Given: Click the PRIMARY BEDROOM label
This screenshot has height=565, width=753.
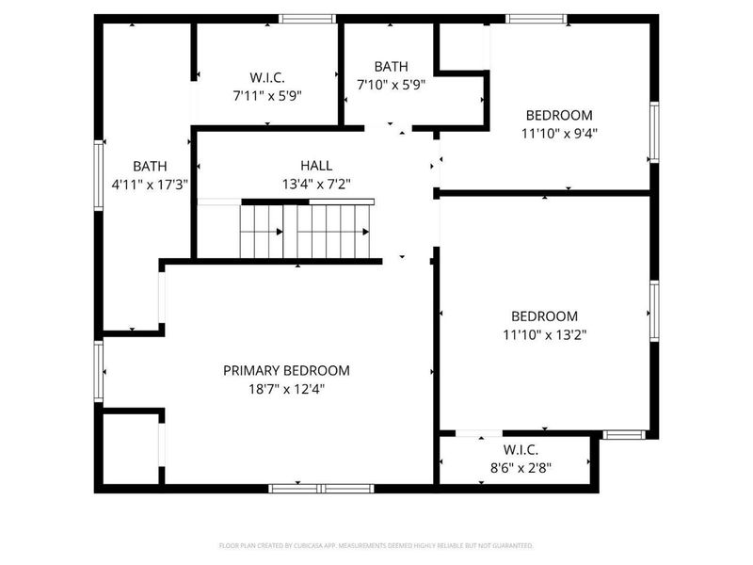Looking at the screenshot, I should point(286,370).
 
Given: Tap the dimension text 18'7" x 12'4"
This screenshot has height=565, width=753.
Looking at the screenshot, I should point(286,388).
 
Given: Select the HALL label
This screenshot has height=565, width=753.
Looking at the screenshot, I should point(316,166).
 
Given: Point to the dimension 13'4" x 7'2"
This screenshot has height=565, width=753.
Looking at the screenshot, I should point(316,184).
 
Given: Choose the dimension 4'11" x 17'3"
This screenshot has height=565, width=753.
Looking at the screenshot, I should point(151,185).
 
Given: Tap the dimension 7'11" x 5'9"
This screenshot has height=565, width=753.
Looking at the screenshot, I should point(267,95).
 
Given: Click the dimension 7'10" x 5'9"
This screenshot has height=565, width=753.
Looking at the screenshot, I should point(391,84).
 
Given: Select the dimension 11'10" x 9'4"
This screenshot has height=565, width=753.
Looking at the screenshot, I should point(559,133).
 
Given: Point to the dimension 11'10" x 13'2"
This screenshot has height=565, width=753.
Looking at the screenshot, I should point(545,333).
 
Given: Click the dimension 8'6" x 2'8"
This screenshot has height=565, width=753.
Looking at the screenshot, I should point(520,466).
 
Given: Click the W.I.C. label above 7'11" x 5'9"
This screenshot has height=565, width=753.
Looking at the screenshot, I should point(267,77).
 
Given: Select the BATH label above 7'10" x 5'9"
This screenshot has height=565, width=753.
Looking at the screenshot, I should point(391,66).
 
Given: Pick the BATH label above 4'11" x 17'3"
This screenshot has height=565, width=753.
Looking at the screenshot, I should point(150,166).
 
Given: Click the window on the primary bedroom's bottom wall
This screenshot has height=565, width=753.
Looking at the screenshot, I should point(321,488).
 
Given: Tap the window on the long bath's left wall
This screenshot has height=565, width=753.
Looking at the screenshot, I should point(97,174).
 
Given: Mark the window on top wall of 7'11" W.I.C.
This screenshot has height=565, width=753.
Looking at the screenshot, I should point(308,18).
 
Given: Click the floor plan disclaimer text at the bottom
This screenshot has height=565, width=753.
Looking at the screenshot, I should point(376,545).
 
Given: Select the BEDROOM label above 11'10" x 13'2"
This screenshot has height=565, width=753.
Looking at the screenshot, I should point(545,316).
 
